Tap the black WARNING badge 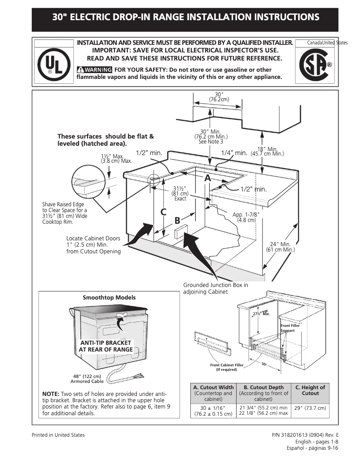94,70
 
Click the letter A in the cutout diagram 207,178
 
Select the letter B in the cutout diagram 177,220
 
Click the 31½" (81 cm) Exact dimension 180,193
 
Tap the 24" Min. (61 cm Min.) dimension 280,247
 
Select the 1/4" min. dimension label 234,153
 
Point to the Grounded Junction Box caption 215,288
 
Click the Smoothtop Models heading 109,297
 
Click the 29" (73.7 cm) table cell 310,408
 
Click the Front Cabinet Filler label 227,367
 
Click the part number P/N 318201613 305,435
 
